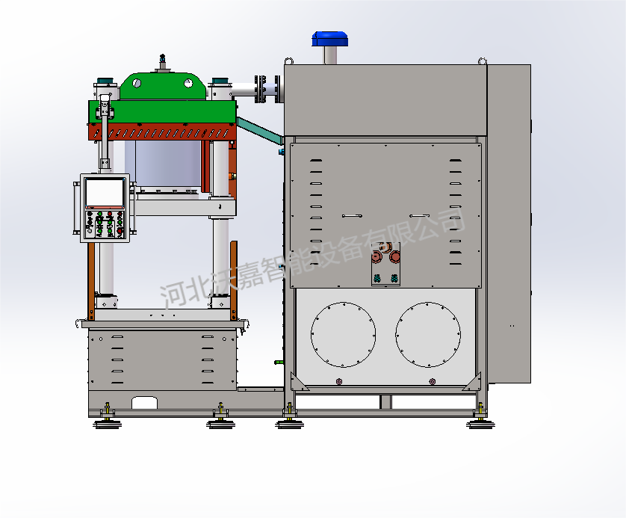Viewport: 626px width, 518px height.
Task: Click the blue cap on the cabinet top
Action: click(x=329, y=39)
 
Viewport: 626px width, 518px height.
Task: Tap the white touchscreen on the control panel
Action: click(x=105, y=193)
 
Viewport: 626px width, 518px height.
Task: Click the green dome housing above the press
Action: click(x=163, y=85)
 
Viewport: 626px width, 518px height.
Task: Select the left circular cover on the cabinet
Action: click(x=344, y=335)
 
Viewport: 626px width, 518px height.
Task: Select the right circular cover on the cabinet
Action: click(x=428, y=335)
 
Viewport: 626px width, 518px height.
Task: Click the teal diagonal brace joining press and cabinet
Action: click(x=260, y=131)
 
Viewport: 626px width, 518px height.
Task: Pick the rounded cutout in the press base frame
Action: click(x=144, y=402)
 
